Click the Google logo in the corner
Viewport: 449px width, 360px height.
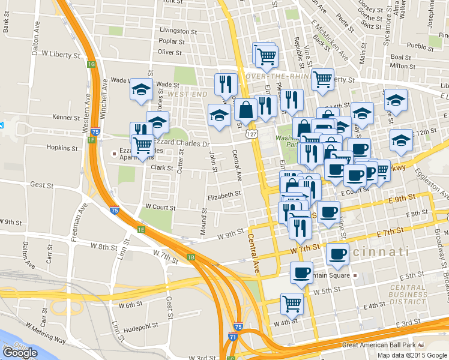(x=20, y=353)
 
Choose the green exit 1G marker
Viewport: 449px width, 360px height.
(x=91, y=64)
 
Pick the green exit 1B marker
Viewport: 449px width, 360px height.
(x=191, y=257)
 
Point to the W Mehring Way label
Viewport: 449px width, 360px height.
(x=49, y=339)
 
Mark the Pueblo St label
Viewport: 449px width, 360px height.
(x=415, y=45)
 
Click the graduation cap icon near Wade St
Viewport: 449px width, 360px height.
(x=142, y=90)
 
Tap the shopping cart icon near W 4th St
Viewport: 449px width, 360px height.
(x=292, y=303)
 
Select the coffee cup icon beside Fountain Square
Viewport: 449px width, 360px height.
(x=301, y=272)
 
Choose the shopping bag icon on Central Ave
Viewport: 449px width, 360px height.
(x=246, y=109)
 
